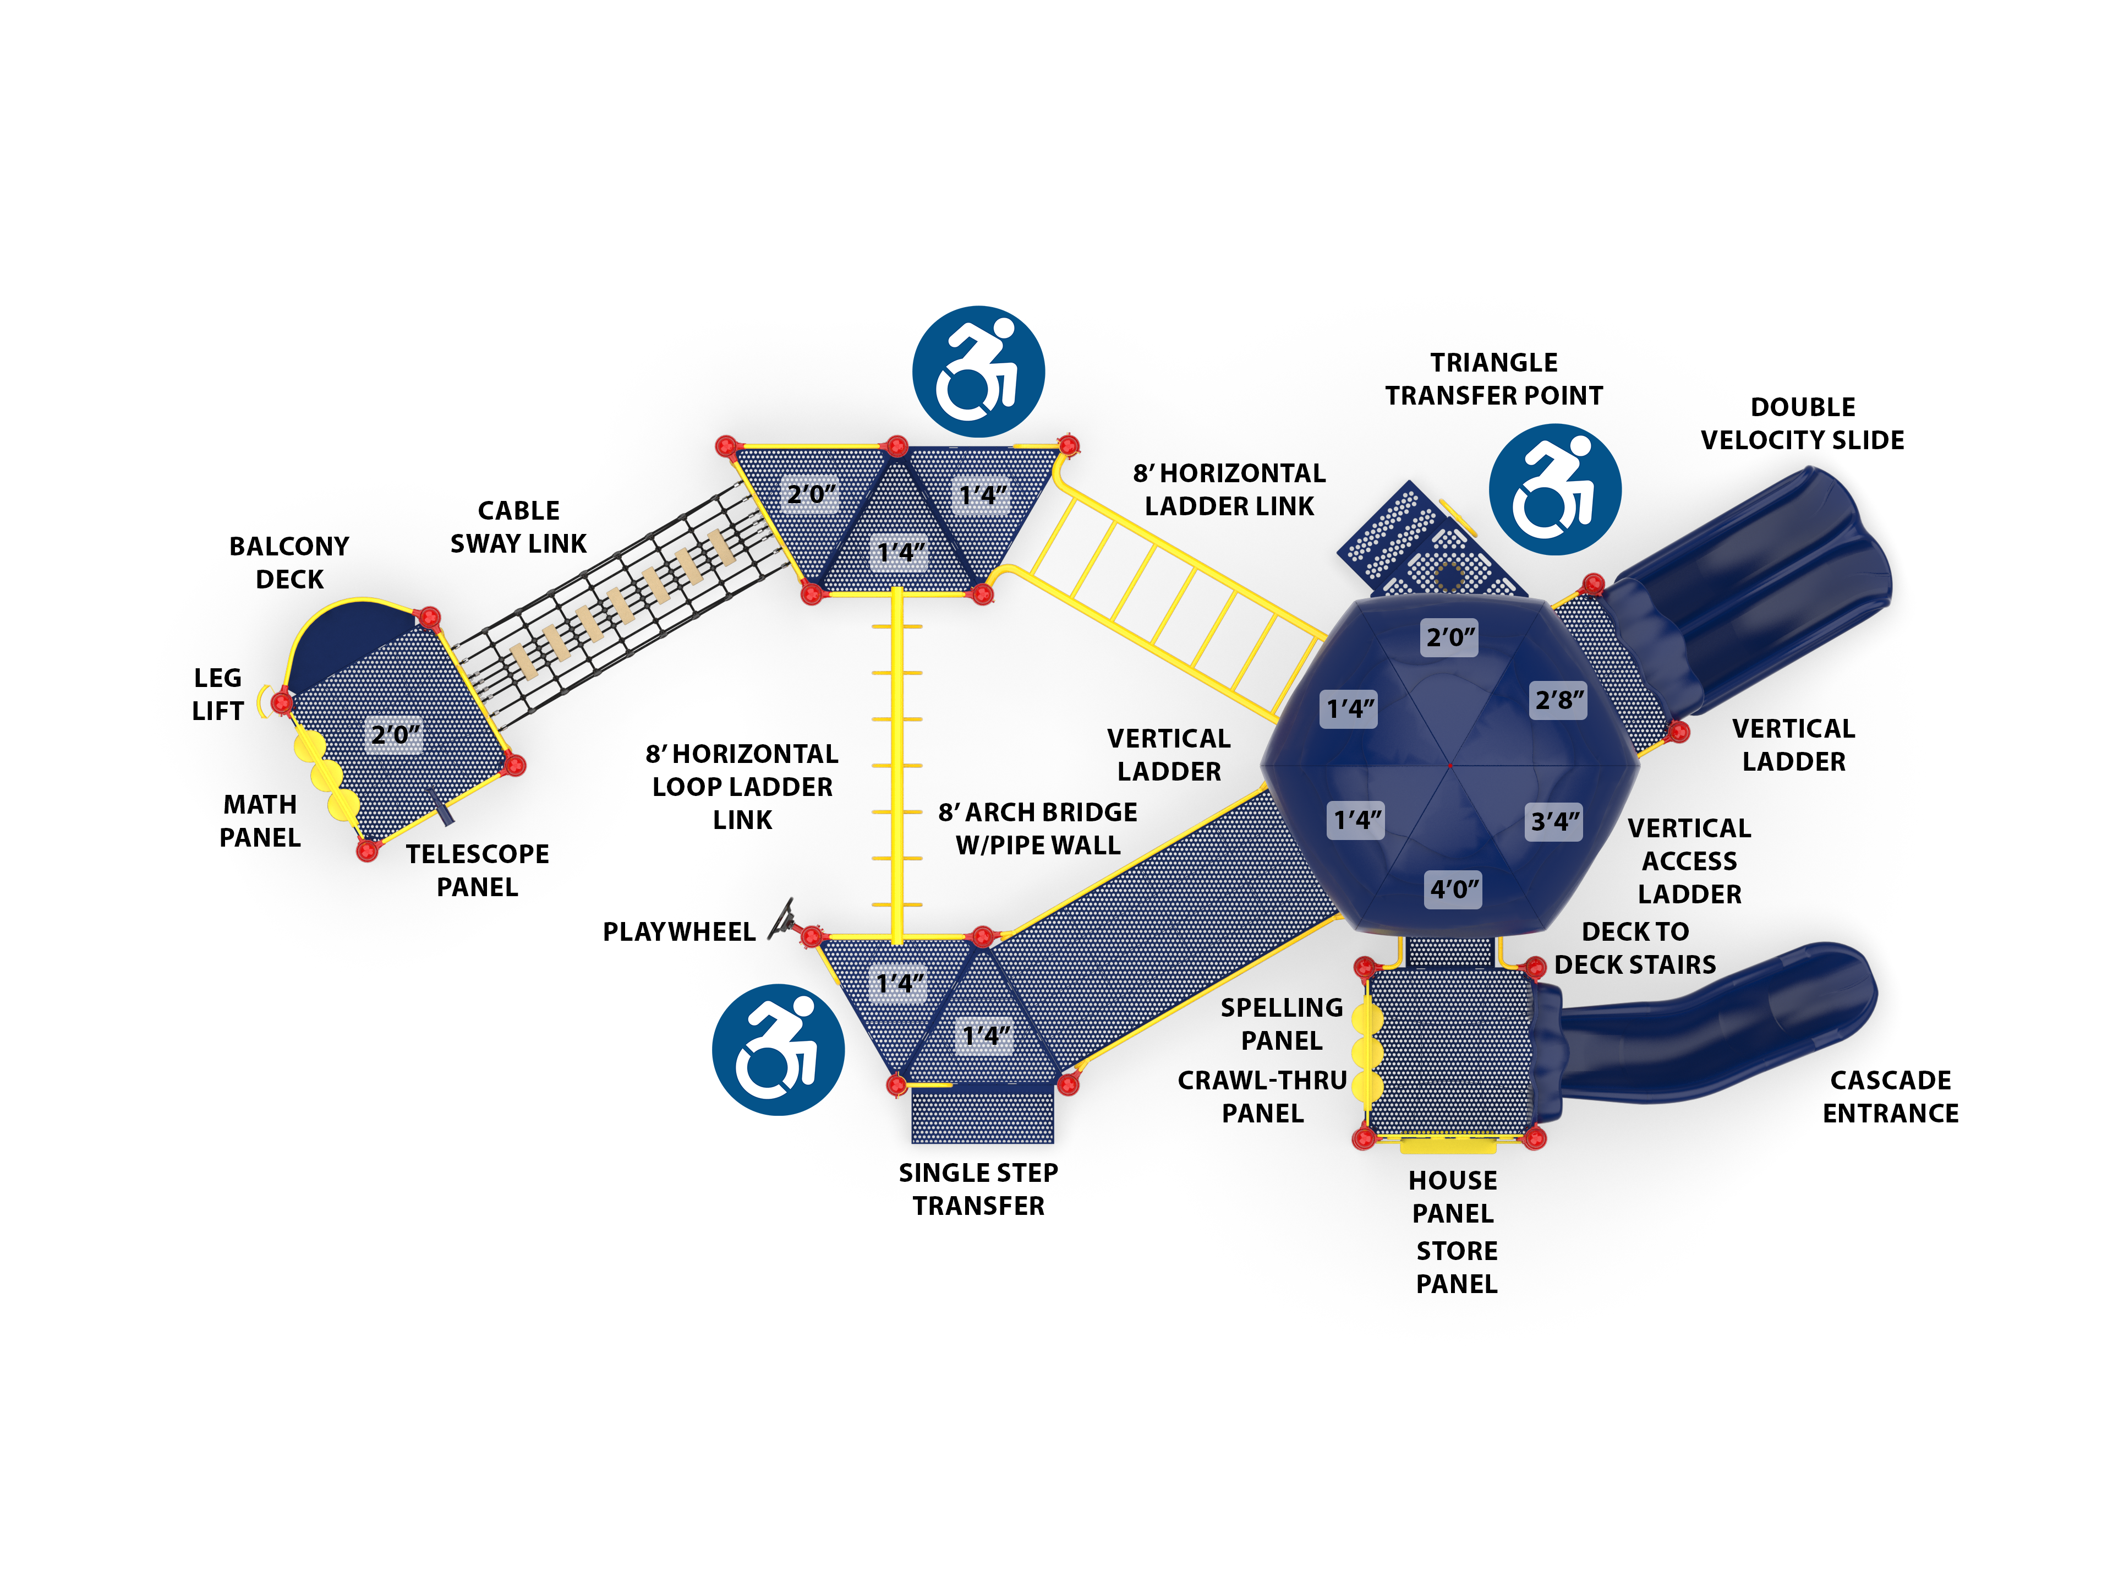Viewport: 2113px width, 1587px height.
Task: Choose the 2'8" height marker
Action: click(1559, 700)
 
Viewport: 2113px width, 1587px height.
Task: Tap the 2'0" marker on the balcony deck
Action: click(395, 735)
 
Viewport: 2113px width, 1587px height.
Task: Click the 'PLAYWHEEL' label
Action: click(678, 931)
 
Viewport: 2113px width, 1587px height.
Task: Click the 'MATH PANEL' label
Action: click(260, 821)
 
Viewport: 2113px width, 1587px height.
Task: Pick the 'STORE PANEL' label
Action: click(1456, 1267)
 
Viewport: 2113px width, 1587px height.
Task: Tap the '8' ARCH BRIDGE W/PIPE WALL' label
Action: click(1037, 828)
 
